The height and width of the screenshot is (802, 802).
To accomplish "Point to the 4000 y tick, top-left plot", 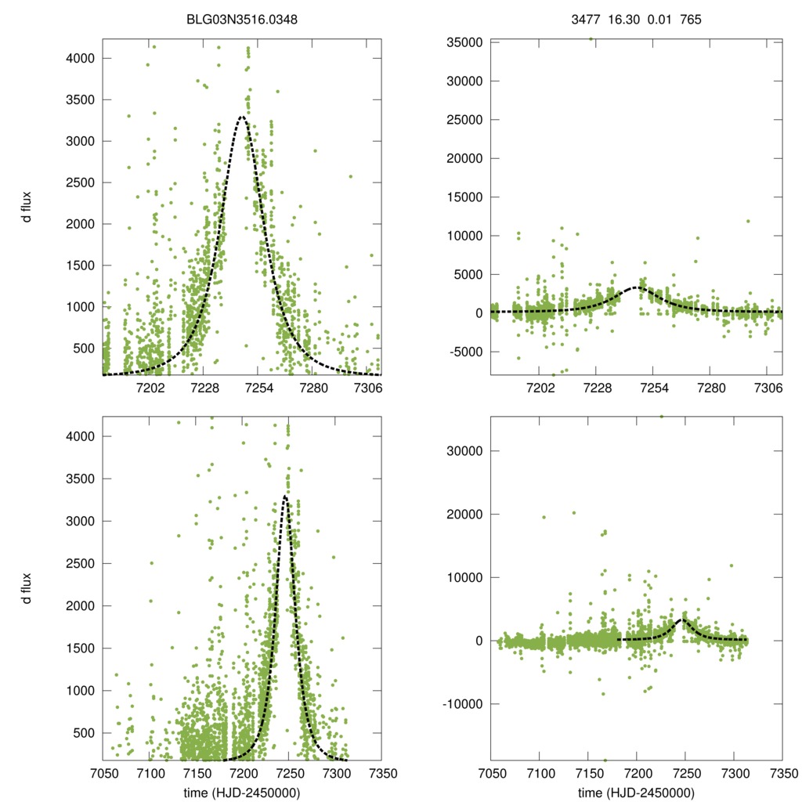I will point(81,59).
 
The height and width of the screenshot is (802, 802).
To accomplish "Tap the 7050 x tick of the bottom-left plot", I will point(103,771).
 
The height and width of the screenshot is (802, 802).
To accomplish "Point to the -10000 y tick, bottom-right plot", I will point(461,704).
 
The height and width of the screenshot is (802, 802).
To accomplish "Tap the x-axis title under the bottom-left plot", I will point(242,792).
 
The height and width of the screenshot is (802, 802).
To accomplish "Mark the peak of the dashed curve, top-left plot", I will point(242,117).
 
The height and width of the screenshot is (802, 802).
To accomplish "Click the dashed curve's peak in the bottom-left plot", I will point(285,496).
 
